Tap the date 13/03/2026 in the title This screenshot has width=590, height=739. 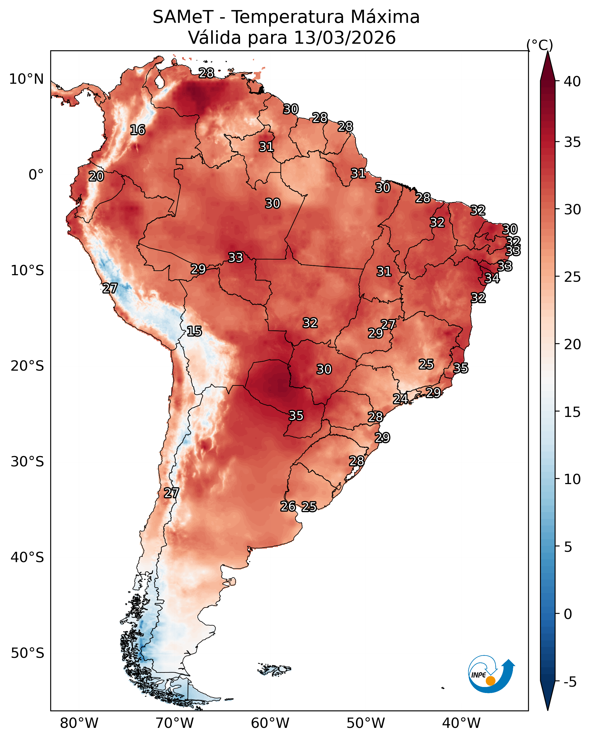[345, 38]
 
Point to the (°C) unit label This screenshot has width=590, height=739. [539, 45]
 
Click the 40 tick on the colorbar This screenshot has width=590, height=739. [572, 81]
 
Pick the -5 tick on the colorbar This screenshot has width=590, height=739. [570, 682]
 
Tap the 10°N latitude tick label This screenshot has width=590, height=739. [26, 79]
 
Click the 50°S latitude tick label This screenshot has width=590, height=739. [27, 653]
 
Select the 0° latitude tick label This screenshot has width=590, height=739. [36, 175]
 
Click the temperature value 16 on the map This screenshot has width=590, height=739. [138, 130]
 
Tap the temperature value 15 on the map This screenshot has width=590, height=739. [194, 331]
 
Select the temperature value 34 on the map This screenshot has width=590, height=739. [492, 278]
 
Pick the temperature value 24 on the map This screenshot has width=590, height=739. [400, 399]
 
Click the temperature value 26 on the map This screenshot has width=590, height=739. [288, 506]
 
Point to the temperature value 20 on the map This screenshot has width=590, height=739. [96, 177]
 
